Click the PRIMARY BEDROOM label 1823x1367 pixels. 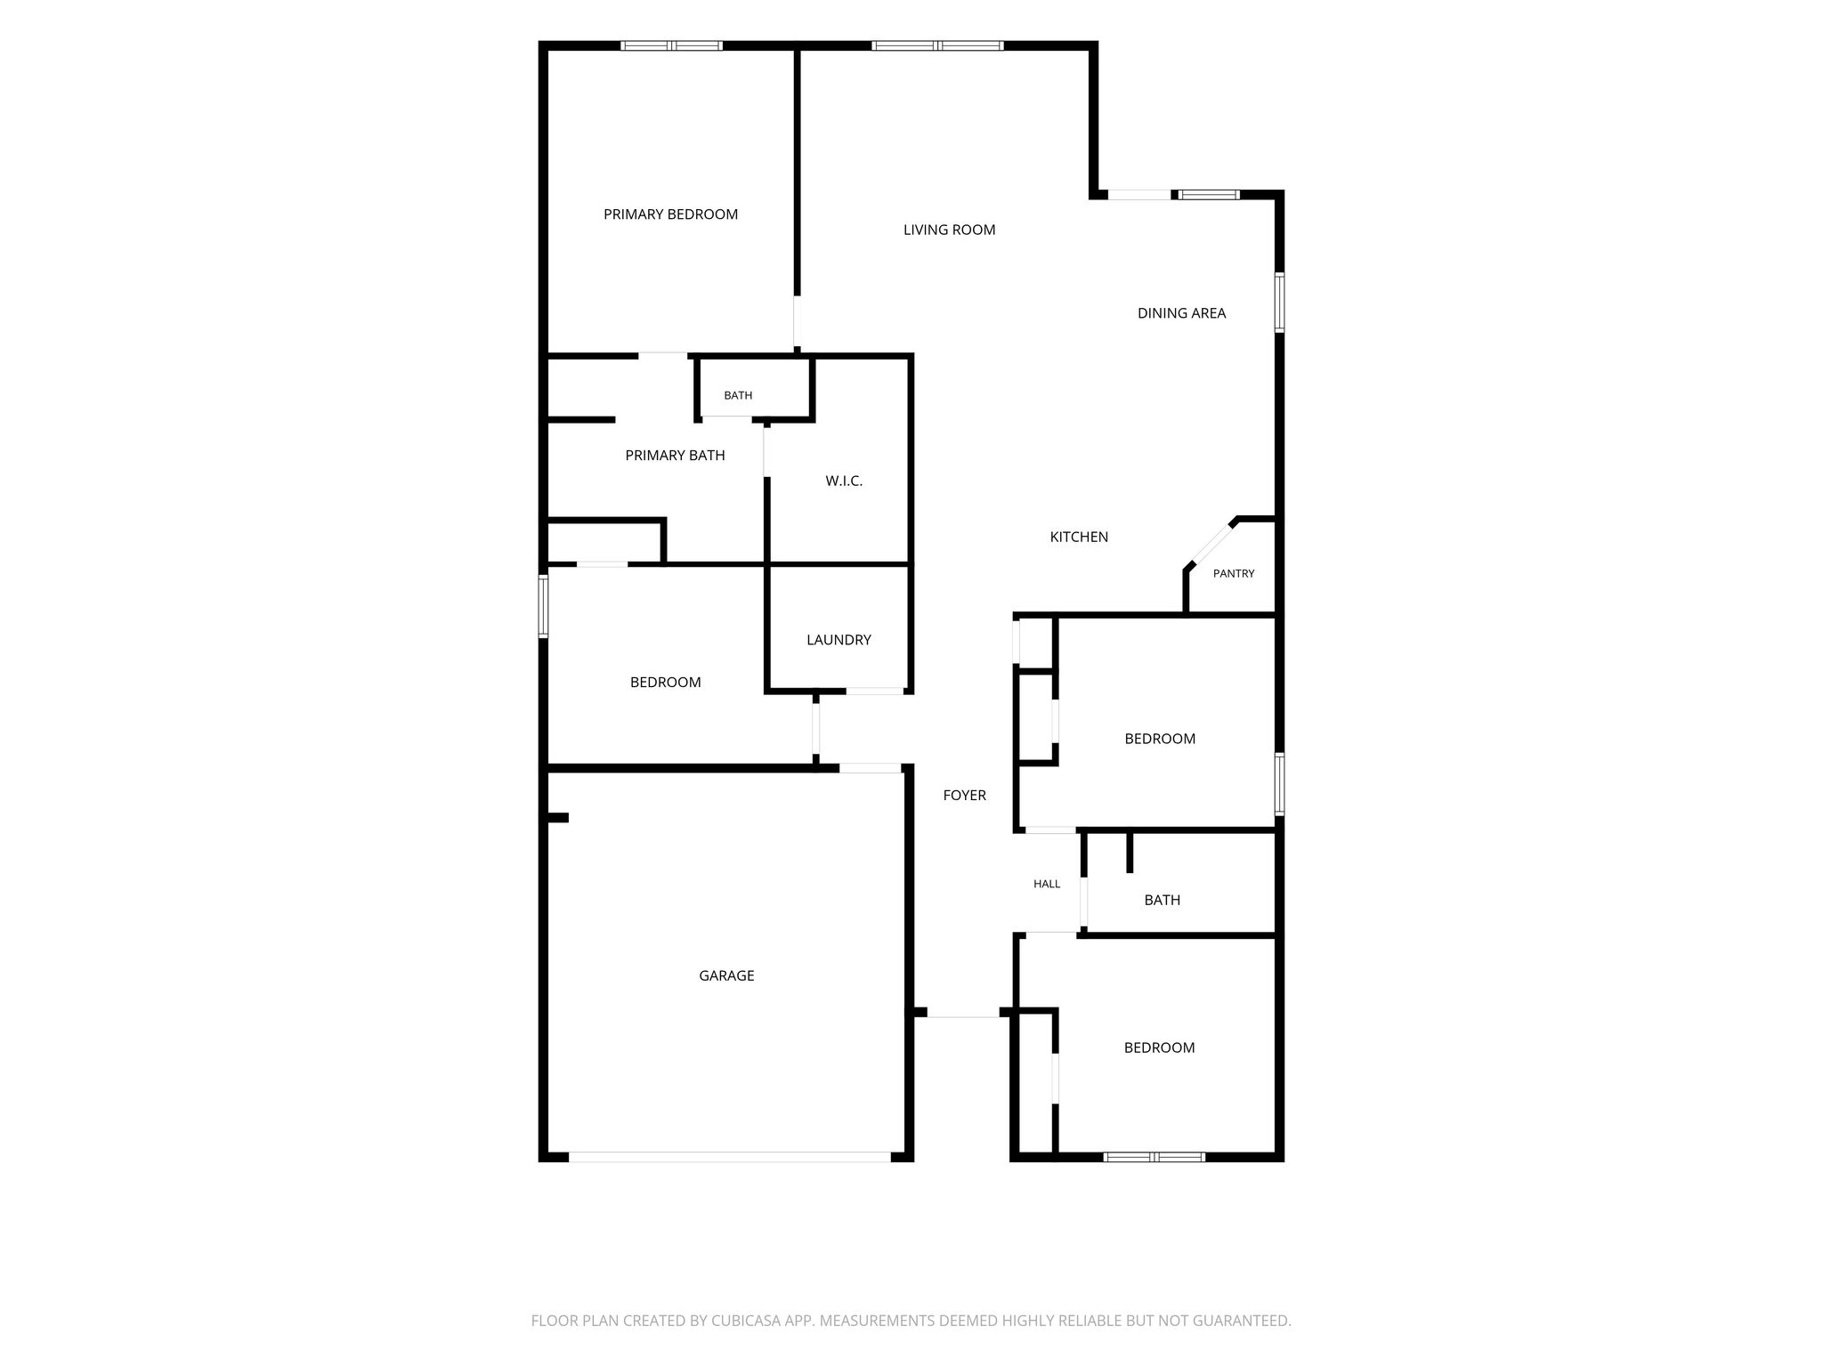click(x=670, y=214)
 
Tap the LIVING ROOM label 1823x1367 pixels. click(x=949, y=230)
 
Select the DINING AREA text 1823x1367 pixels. click(x=1181, y=313)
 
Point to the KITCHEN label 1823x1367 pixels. click(x=1079, y=537)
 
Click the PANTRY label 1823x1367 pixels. click(x=1234, y=574)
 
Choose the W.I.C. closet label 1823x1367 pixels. click(x=844, y=481)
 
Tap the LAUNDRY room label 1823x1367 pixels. click(x=839, y=640)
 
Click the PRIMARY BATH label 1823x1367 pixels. click(x=675, y=456)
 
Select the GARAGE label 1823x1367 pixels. click(x=726, y=975)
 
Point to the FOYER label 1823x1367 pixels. click(x=965, y=796)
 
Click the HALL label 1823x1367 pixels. click(x=1047, y=885)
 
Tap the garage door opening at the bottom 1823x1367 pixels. click(x=729, y=1157)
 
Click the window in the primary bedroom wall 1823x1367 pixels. click(x=671, y=45)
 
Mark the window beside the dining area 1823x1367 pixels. click(x=1280, y=303)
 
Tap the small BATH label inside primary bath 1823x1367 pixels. click(x=738, y=396)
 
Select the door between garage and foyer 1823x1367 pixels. click(x=871, y=768)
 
